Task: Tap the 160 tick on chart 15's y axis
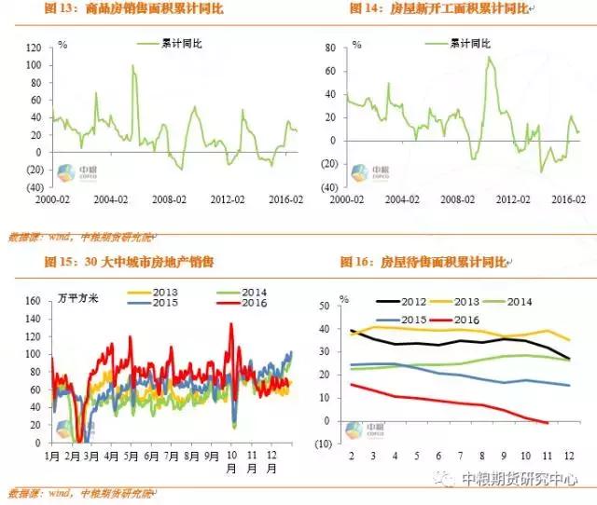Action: [32, 301]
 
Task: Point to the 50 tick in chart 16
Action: [324, 306]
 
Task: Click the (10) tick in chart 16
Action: [322, 444]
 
